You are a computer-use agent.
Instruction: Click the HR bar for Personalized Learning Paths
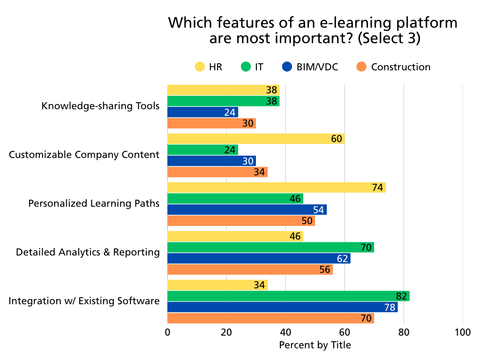coord(276,187)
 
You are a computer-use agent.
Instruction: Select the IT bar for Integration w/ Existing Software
coord(288,296)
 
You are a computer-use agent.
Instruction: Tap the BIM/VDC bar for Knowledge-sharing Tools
coord(202,112)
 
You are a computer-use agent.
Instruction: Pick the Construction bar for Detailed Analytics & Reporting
coord(249,270)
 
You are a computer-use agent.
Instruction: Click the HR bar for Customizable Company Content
coord(255,139)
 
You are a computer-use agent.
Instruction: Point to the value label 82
coord(402,296)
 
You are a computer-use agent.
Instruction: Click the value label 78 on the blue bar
coord(390,307)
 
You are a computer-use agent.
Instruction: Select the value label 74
coord(378,187)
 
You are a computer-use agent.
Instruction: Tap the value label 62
coord(343,259)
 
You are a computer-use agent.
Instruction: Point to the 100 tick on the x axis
coord(463,332)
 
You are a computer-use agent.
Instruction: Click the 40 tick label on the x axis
coord(285,332)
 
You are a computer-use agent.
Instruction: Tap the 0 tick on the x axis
coord(167,332)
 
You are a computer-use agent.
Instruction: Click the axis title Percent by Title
coord(315,345)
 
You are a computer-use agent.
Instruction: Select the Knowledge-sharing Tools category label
coord(100,106)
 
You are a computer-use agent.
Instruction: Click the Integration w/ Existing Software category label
coord(84,301)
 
